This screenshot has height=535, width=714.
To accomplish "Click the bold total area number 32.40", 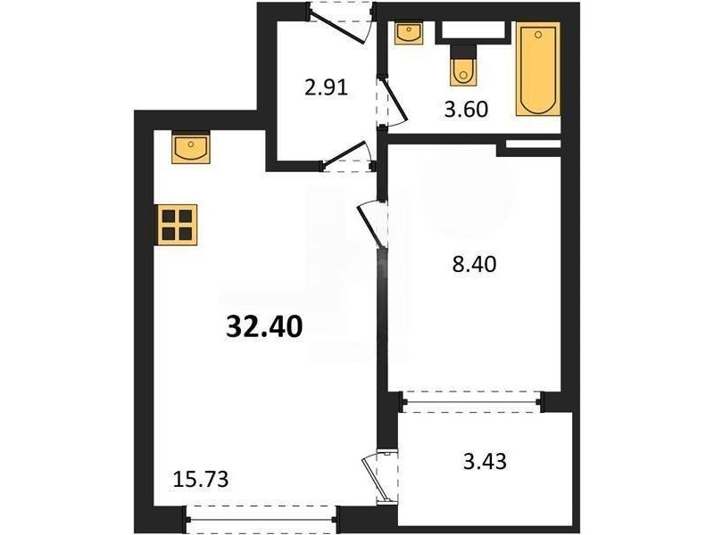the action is point(264,326).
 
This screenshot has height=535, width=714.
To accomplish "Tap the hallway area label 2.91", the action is point(326,86).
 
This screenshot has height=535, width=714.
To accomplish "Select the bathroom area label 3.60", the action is point(466,110).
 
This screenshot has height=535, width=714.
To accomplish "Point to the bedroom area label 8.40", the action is point(474,264).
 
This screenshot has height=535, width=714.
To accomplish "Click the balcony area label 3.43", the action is point(485,461).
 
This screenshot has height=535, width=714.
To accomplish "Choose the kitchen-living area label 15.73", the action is point(201,480).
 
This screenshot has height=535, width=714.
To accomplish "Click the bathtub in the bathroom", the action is point(538,70).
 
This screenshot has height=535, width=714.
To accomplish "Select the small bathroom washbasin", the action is point(409,33).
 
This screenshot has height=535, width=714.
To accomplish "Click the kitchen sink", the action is point(191,147).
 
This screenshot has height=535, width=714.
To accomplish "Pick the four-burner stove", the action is point(178,225).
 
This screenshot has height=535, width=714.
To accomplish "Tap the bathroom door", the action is point(392,103).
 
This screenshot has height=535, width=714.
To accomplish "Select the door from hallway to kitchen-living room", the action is point(349,156).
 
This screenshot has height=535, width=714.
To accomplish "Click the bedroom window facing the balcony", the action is point(472,402).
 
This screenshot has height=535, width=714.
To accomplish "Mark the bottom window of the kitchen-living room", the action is point(262,519).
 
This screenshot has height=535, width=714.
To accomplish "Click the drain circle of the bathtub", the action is point(538,35).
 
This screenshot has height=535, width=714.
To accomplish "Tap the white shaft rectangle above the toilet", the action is point(474,30).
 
